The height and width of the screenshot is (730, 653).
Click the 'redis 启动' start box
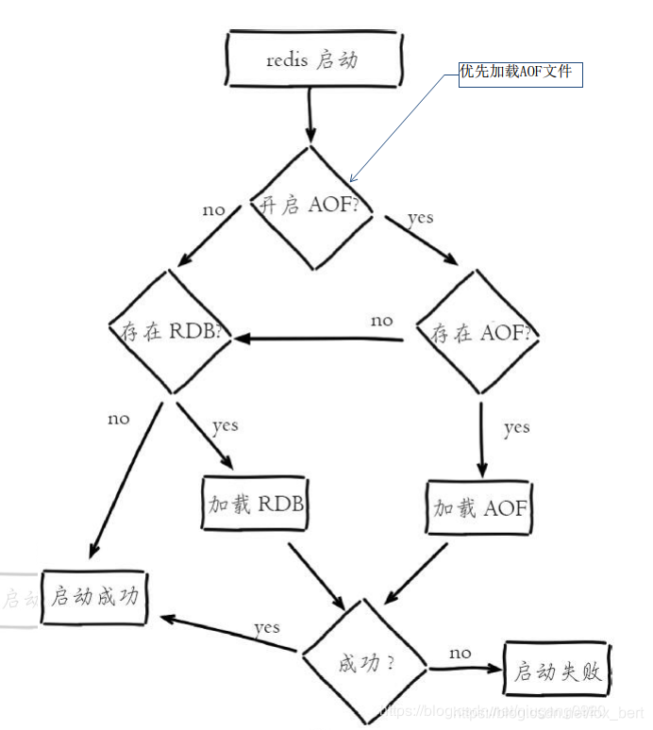tap(314, 59)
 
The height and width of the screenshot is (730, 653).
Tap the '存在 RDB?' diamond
tap(171, 331)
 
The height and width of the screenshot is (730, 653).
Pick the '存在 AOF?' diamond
tap(481, 333)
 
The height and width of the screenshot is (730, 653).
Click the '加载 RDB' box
tap(256, 505)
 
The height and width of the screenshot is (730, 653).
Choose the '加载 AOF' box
tap(480, 507)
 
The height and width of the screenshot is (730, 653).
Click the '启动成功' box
tap(95, 597)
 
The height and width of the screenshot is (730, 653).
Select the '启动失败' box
tap(558, 672)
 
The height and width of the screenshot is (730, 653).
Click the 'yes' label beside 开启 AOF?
tap(420, 218)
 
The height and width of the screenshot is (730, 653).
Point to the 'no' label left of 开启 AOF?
tap(214, 209)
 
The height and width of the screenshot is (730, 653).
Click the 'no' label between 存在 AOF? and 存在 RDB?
tap(381, 321)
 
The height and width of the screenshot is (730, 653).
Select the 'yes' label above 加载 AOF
tap(516, 428)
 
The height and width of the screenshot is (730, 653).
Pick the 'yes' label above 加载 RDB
tap(225, 426)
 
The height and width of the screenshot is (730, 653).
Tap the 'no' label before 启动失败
tap(460, 653)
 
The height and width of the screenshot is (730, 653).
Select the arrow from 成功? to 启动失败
tap(462, 670)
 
